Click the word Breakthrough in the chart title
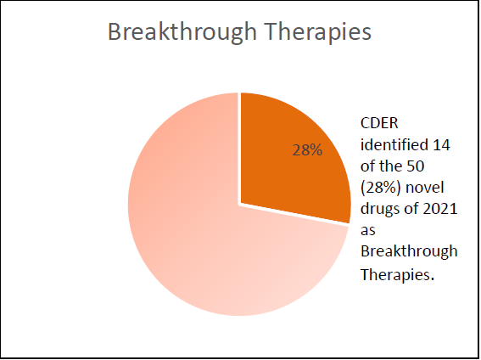point(182,32)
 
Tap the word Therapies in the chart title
point(318,32)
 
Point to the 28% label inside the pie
point(307,150)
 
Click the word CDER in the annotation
point(379,123)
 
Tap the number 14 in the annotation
point(441,144)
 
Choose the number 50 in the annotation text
point(416,166)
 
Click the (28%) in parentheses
point(381,188)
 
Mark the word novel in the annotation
point(425,188)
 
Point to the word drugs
point(380,210)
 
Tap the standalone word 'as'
point(368,231)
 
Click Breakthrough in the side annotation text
point(409,251)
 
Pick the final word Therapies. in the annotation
point(398,273)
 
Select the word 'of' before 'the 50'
point(368,166)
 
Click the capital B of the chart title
point(115,32)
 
